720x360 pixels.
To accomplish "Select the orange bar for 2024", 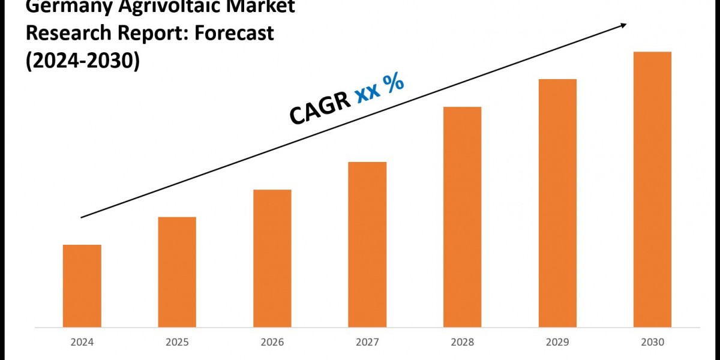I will click(82, 286).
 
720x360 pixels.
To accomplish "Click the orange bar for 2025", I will click(177, 272).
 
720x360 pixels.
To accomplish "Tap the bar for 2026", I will click(272, 258).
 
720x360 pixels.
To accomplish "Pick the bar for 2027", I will click(367, 244).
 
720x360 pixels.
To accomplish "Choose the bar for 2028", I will click(462, 217).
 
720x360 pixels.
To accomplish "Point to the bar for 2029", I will click(557, 203).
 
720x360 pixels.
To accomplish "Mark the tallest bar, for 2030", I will click(652, 189).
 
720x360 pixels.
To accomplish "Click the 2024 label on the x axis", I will click(82, 343).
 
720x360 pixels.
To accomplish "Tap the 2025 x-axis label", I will click(177, 343).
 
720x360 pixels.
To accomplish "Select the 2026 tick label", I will click(272, 343).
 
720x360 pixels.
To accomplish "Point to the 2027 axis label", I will click(367, 343).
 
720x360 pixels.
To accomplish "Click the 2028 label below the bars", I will click(462, 343).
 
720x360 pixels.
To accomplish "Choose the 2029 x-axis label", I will click(557, 343).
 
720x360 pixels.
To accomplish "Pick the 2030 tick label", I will click(652, 343).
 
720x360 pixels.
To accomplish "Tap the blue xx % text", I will click(379, 88).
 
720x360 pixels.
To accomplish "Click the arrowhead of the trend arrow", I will click(624, 25).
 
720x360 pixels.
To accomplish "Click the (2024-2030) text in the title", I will click(82, 61).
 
